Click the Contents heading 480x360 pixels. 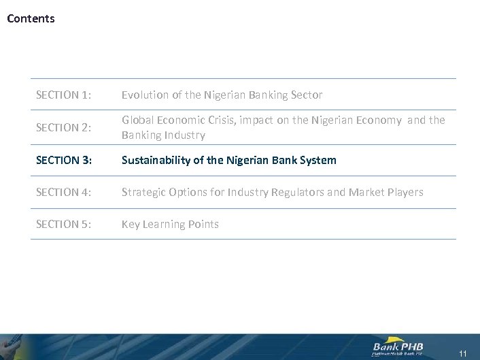(31, 19)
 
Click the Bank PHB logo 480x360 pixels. (398, 347)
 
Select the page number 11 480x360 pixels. (463, 353)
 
